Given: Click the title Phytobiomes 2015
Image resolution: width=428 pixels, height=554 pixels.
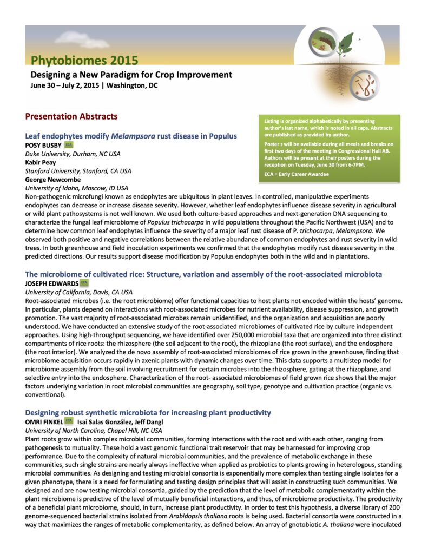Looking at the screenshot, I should (84, 61).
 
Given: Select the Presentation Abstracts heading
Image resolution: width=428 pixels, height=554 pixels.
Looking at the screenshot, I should (71, 116).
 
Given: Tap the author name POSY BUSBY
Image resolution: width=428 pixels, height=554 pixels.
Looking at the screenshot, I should (43, 146).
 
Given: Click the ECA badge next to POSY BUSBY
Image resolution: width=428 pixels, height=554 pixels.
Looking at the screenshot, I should (68, 146).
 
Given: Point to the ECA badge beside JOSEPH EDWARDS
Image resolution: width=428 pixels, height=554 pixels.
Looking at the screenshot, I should (84, 283).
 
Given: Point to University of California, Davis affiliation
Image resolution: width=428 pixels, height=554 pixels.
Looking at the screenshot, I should (78, 292).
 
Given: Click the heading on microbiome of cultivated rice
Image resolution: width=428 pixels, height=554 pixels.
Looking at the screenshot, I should (203, 274).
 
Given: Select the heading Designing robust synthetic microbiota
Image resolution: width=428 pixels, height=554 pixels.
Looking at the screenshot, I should (148, 413).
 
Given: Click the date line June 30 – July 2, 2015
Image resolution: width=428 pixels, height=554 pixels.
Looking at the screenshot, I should (94, 85).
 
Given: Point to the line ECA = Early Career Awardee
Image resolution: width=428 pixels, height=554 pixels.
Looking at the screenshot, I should (296, 174).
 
